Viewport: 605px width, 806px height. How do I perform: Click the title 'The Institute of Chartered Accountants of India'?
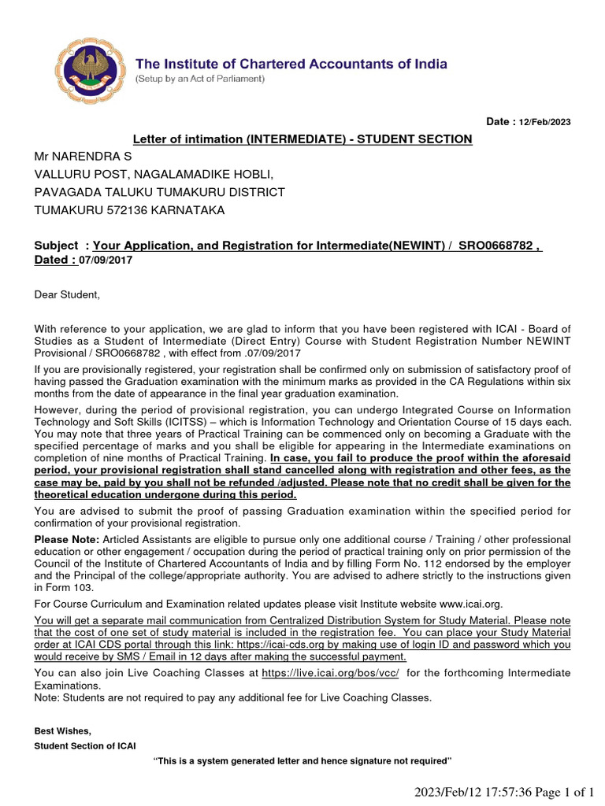point(291,64)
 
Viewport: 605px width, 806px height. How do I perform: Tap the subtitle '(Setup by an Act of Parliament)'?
point(200,79)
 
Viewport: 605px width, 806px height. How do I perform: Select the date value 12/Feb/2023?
point(544,122)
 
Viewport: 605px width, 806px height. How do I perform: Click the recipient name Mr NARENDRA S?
point(83,157)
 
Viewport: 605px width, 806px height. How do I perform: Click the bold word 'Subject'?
point(56,246)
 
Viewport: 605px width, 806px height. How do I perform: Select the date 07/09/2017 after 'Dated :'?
point(106,260)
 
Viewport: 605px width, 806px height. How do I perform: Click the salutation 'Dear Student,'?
point(68,294)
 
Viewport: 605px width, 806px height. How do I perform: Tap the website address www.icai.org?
point(468,604)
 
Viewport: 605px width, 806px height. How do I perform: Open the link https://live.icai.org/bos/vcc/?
point(330,673)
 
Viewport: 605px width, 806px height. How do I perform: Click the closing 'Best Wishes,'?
point(63,730)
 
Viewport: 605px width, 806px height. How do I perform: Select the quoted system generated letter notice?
point(302,760)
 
